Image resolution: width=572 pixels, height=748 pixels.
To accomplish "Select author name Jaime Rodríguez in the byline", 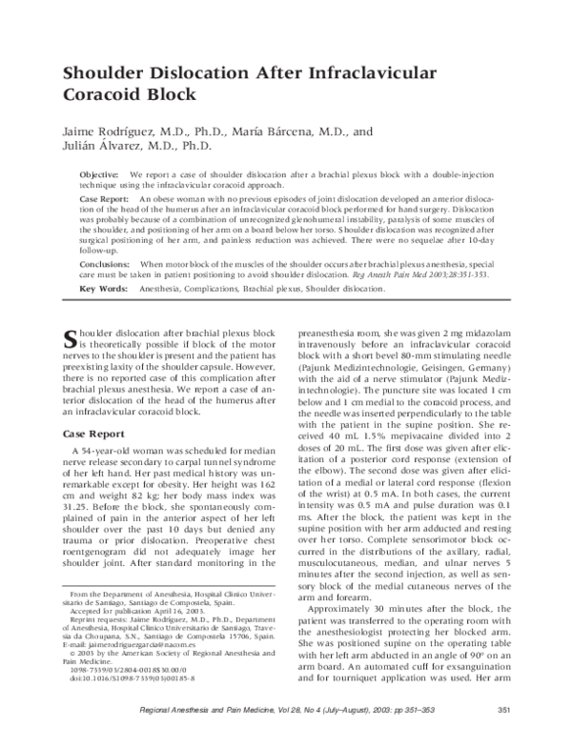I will [113, 130].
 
